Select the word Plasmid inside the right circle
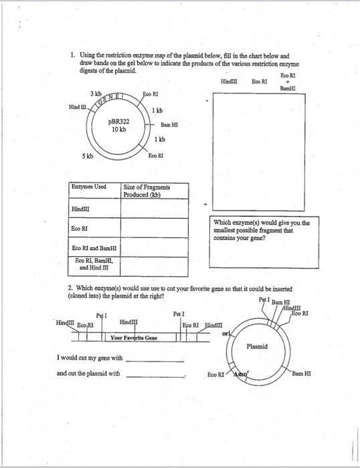tap(258, 346)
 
